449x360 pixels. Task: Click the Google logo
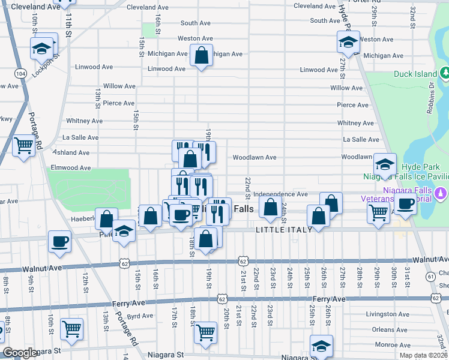20,353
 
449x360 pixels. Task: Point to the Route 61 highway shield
431,275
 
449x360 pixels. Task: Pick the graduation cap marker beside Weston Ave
348,41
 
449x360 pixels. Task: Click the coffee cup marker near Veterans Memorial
405,204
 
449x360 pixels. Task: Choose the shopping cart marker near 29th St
378,212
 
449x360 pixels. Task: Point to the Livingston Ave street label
388,314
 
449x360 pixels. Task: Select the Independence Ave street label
280,194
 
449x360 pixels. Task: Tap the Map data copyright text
423,355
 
